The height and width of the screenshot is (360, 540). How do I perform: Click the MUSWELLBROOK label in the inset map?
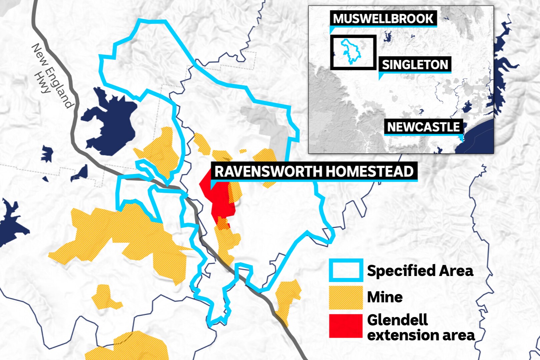point(383,19)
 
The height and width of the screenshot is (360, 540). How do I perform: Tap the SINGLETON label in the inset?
point(415,65)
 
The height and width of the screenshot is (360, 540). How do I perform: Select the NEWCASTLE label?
point(423,127)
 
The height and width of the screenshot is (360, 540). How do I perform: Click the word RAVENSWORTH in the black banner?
point(268,172)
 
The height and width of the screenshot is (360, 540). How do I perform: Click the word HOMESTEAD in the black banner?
point(369,172)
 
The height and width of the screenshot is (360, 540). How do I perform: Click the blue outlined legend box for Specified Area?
point(346,270)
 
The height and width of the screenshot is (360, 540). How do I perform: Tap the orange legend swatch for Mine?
point(346,297)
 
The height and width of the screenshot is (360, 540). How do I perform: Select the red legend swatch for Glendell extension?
point(346,326)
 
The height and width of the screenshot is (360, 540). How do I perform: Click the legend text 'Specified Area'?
point(420,271)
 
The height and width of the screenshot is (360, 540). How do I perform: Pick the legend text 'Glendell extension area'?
point(420,327)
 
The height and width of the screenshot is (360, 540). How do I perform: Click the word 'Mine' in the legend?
point(385,297)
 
